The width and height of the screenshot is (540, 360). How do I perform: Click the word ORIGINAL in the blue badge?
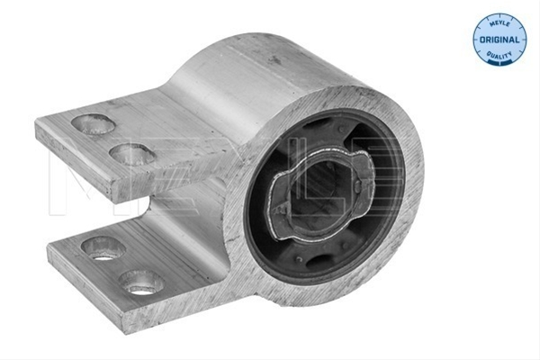coord(499,40)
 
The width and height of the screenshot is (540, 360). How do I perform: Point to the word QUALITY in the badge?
coord(499,55)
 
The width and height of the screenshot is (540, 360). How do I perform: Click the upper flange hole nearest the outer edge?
coord(93,124)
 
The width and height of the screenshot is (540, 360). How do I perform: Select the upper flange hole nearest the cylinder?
coord(133,154)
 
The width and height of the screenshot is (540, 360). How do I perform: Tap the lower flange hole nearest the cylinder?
coord(141,283)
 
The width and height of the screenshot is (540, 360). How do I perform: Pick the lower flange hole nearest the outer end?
coord(103,248)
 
